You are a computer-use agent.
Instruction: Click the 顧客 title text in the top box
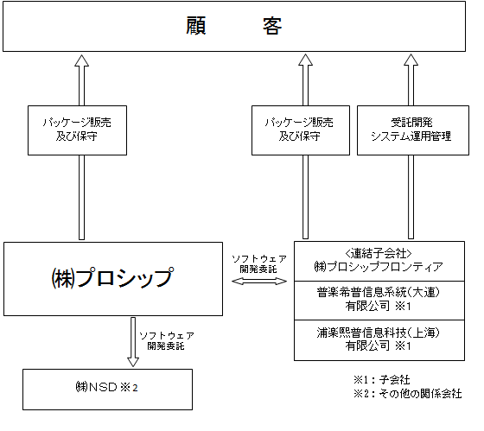coord(233,26)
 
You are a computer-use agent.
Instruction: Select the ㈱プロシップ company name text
coord(112,277)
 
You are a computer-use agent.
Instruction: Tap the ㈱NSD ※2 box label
coord(107,387)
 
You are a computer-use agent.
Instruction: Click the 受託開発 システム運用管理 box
coord(413,130)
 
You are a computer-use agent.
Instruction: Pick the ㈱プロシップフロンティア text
coord(379,267)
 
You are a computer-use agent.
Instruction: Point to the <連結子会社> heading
coord(379,254)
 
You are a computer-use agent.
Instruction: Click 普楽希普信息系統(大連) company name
coord(379,292)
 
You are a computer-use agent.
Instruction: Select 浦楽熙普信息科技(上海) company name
coord(379,333)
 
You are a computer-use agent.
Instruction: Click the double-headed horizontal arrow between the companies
coord(259,281)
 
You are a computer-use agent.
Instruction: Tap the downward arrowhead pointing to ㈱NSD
coord(133,362)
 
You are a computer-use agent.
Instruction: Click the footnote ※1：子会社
coord(382,379)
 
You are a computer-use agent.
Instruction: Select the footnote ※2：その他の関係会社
coord(408,394)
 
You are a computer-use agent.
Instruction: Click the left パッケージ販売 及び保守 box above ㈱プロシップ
coord(77,130)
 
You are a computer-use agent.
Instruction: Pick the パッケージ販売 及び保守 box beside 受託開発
coord(301,130)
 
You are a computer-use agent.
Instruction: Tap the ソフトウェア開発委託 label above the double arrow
coord(259,263)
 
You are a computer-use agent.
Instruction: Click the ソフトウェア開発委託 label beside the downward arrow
coord(167,340)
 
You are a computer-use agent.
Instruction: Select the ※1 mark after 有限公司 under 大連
coord(403,307)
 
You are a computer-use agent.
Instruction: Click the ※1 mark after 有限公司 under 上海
coord(403,346)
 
